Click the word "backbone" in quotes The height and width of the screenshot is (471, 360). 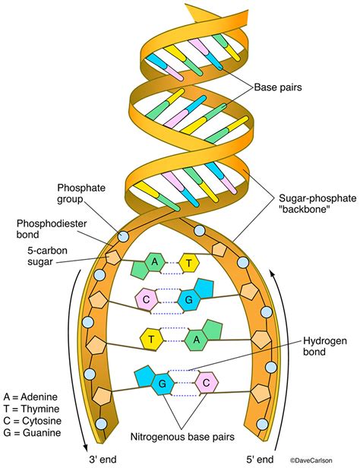click(x=307, y=210)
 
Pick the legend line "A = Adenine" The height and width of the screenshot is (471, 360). click(x=33, y=396)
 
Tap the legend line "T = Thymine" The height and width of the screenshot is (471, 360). click(x=33, y=408)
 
